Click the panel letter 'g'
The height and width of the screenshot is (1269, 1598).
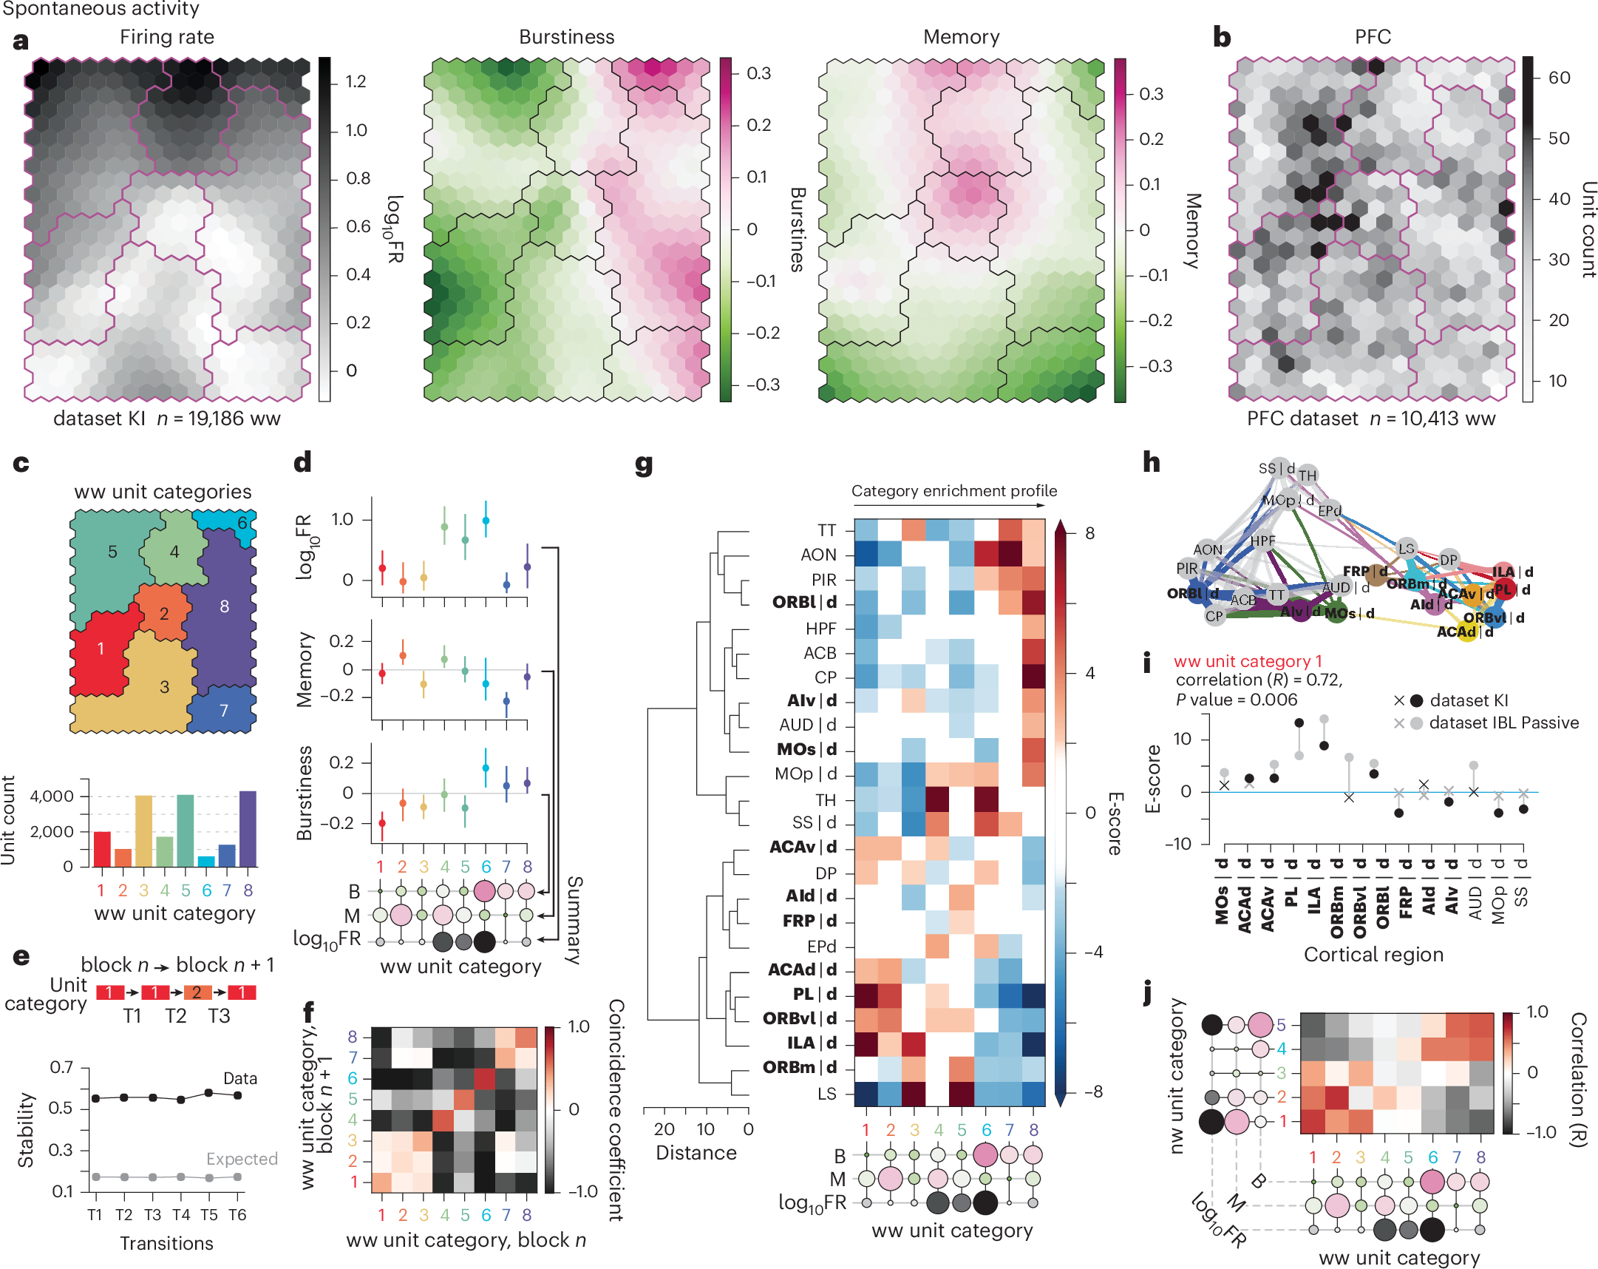[x=643, y=465]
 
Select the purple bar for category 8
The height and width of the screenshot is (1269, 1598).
[x=248, y=828]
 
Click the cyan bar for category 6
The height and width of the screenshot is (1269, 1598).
[x=206, y=861]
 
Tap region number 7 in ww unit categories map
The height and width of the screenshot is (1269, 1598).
[x=224, y=711]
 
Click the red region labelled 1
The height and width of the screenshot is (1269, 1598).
[x=101, y=649]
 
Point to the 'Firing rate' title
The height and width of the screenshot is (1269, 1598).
[x=167, y=37]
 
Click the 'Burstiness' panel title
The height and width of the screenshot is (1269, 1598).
[x=566, y=37]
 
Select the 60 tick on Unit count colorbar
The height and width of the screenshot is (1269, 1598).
[x=1559, y=78]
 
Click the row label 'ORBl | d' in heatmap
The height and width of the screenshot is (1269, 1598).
[x=804, y=602]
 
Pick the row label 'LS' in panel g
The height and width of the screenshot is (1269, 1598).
[x=826, y=1094]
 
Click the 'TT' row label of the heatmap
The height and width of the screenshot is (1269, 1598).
[x=826, y=530]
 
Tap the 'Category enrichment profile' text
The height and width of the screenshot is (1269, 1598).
[x=954, y=491]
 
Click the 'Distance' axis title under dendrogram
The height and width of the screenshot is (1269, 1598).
[x=696, y=1153]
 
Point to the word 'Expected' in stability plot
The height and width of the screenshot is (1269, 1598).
[x=242, y=1159]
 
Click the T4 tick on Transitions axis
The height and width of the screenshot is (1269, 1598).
[x=181, y=1215]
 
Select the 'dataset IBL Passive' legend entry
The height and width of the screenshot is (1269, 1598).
[x=1503, y=723]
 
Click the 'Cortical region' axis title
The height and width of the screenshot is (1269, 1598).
[x=1373, y=955]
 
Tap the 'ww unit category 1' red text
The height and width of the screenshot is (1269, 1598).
[x=1248, y=661]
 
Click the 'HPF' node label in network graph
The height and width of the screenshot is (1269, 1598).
[x=1262, y=541]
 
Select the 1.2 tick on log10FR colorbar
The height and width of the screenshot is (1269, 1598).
[x=356, y=81]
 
